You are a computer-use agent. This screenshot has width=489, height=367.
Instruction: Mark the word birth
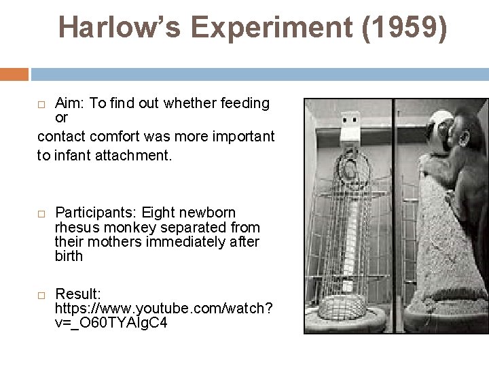click(x=69, y=256)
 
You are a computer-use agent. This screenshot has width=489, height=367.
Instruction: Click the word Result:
click(x=78, y=294)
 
